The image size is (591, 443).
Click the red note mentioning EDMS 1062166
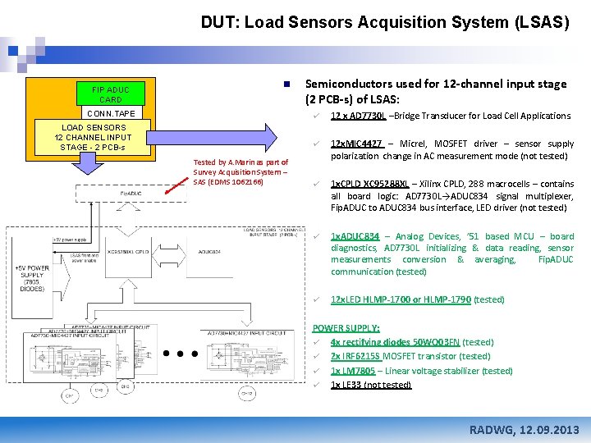[241, 171]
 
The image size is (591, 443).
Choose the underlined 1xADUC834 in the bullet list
[355, 236]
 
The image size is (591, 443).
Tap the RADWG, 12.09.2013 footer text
[523, 430]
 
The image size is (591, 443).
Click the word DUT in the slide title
[218, 23]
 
